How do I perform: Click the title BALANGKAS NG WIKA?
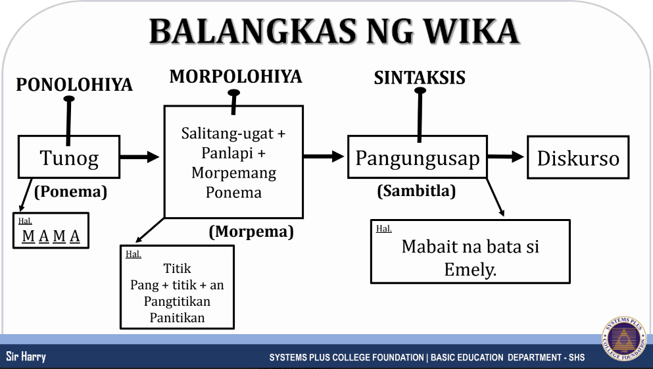[335, 31]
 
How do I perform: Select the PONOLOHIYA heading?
[74, 85]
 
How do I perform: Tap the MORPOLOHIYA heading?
[235, 77]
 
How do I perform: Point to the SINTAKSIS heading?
[420, 78]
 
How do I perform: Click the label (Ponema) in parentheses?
[71, 191]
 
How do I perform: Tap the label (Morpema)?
[251, 232]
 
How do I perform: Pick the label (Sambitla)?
[416, 191]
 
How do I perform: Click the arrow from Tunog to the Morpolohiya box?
[140, 157]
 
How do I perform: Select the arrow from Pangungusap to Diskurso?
[506, 157]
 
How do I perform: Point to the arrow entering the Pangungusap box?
[324, 157]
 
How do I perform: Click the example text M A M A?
[51, 236]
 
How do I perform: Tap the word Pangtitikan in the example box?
[177, 301]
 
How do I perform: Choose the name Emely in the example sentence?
[470, 270]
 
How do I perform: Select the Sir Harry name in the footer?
[26, 357]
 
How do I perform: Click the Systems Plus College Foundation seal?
[623, 339]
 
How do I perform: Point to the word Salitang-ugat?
[228, 134]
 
